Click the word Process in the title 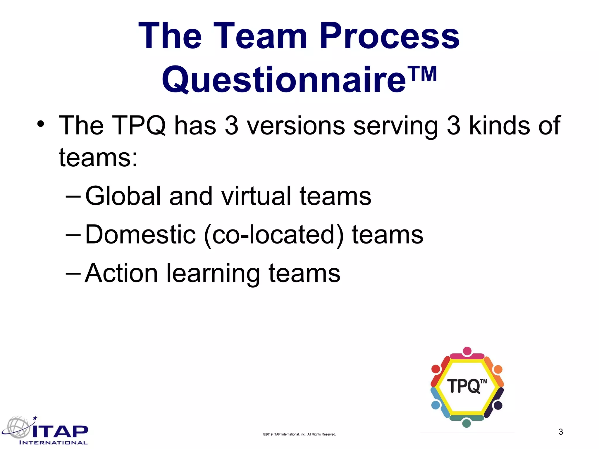390,36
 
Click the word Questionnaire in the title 284,80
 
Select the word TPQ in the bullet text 139,126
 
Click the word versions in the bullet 296,126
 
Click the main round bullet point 41,124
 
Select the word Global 123,196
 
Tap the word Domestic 140,235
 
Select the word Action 121,273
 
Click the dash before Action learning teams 73,274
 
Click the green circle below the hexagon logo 467,423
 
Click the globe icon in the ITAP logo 18,427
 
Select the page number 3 561,432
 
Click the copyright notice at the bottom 299,434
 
